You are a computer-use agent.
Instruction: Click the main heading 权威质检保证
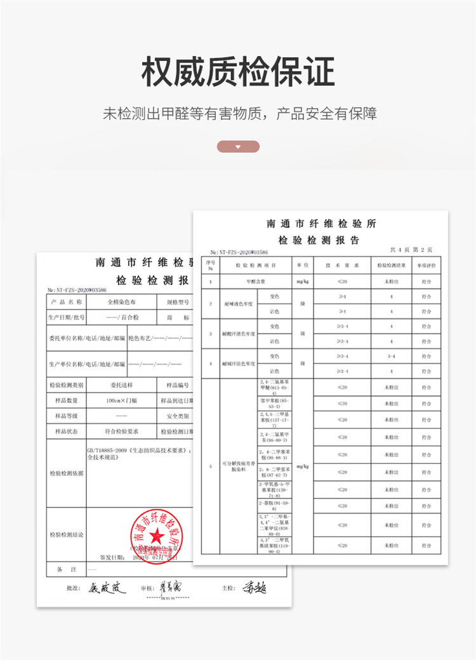[237, 72]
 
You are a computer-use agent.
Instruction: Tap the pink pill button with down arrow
[238, 147]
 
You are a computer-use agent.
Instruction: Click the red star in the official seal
[155, 540]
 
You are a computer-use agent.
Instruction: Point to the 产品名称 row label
[66, 302]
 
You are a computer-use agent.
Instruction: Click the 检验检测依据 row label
[66, 473]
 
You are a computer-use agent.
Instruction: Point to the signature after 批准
[107, 587]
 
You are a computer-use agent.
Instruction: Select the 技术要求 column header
[342, 264]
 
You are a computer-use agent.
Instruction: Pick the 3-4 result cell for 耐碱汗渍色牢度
[391, 356]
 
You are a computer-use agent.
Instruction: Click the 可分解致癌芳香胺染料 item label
[229, 466]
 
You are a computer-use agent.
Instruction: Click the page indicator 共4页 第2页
[411, 250]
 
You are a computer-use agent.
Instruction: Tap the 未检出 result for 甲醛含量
[391, 280]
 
